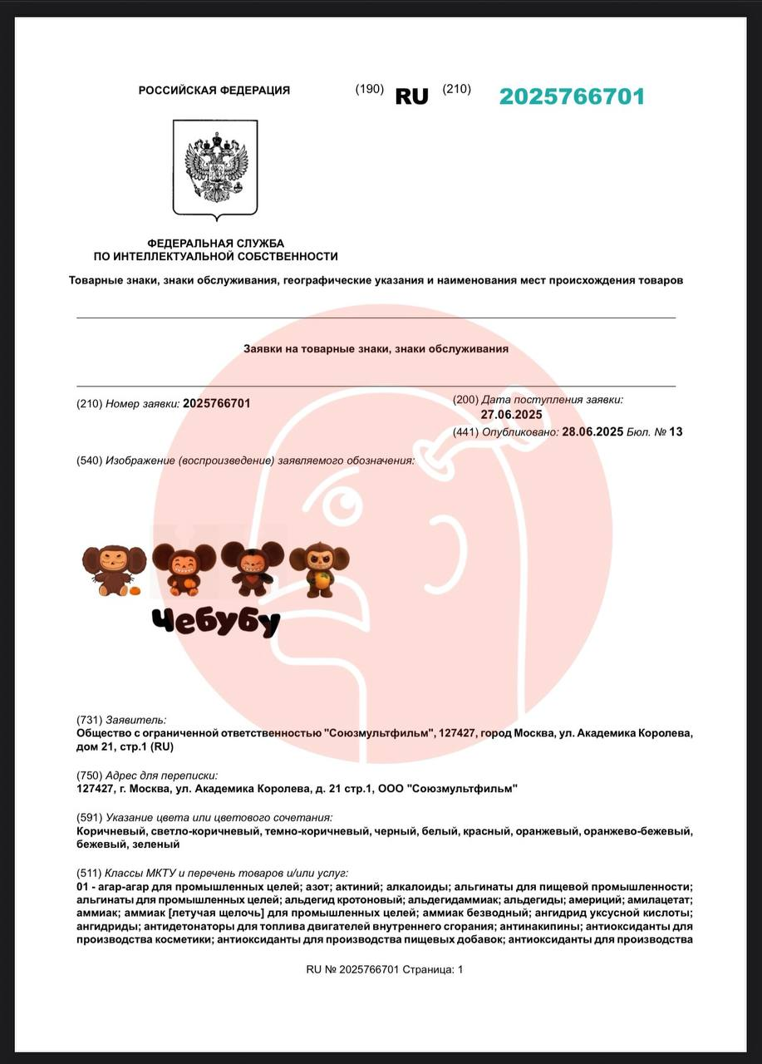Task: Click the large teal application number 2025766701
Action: point(572,96)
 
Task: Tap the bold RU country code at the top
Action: point(411,96)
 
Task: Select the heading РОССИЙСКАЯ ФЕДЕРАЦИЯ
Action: point(214,91)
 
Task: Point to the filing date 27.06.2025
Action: point(511,415)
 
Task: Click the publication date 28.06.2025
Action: point(592,431)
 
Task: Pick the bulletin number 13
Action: point(676,431)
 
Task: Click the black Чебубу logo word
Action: point(216,621)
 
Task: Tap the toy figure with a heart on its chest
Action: point(247,569)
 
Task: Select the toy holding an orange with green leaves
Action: point(318,569)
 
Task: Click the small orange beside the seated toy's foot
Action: point(133,591)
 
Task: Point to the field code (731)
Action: point(89,720)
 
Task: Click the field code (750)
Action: point(89,775)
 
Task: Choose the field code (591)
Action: point(89,818)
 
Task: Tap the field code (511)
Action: point(89,873)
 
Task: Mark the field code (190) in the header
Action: point(369,90)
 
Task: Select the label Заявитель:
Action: point(135,720)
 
